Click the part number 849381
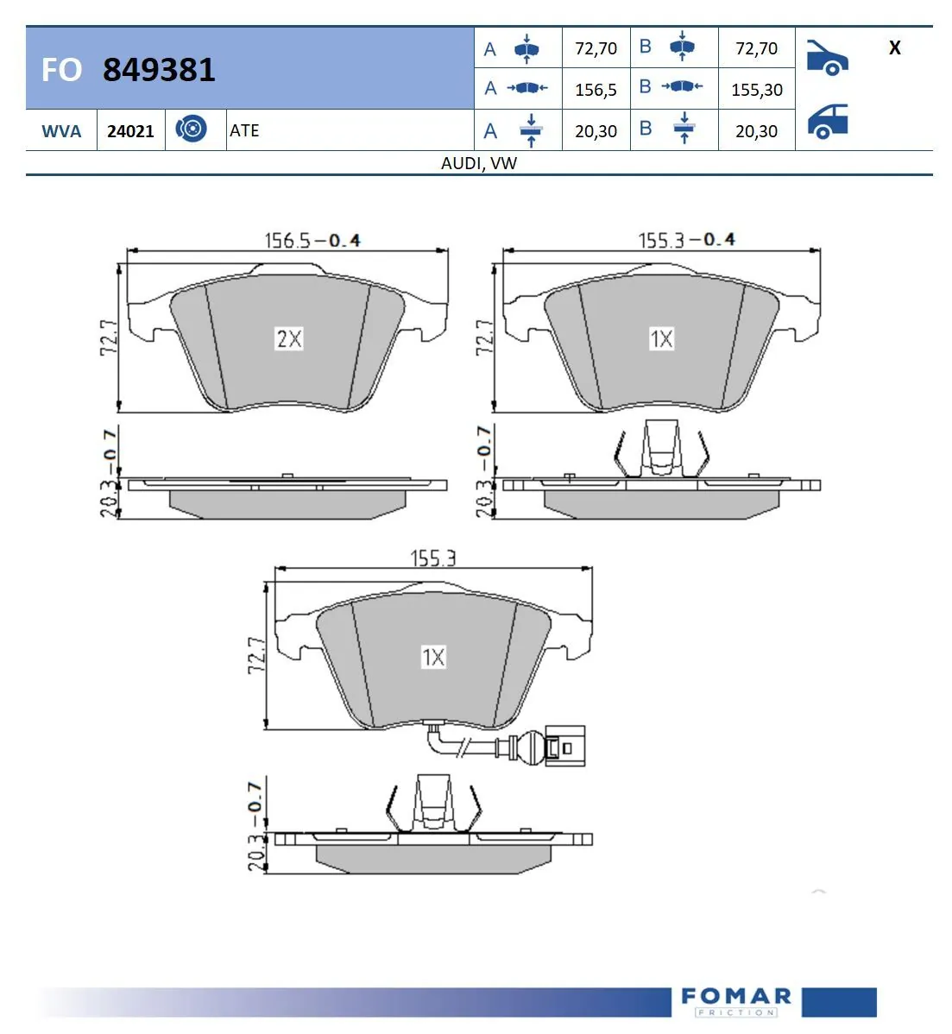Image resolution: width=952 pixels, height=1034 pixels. click(x=159, y=69)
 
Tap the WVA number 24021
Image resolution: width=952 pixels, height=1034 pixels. click(x=130, y=131)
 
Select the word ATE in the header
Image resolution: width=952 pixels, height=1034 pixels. click(x=244, y=130)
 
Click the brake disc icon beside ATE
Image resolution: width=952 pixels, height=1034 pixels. click(x=191, y=129)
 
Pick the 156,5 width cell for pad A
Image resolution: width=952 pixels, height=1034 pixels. click(x=596, y=90)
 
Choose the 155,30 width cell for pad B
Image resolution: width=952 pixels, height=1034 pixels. click(x=756, y=90)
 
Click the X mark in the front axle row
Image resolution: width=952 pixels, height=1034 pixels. click(x=894, y=48)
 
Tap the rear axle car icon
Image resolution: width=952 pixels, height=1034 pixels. click(x=828, y=122)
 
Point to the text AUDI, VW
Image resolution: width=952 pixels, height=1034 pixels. click(x=479, y=163)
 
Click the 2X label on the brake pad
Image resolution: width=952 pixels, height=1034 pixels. click(x=289, y=339)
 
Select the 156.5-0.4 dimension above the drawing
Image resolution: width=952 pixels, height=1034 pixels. click(x=312, y=240)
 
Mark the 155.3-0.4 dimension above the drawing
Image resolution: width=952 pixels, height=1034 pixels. click(x=686, y=239)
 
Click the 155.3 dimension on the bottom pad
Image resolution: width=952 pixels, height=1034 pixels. click(x=432, y=558)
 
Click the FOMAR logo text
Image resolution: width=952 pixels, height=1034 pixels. click(x=735, y=997)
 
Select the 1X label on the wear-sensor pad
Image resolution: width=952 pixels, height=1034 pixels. click(x=433, y=658)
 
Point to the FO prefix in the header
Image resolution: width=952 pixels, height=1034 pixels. click(x=61, y=70)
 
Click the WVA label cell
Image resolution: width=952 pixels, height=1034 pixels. click(x=61, y=131)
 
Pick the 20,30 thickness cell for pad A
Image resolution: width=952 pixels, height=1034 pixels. click(x=596, y=131)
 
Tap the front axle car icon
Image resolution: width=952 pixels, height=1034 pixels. click(x=827, y=57)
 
